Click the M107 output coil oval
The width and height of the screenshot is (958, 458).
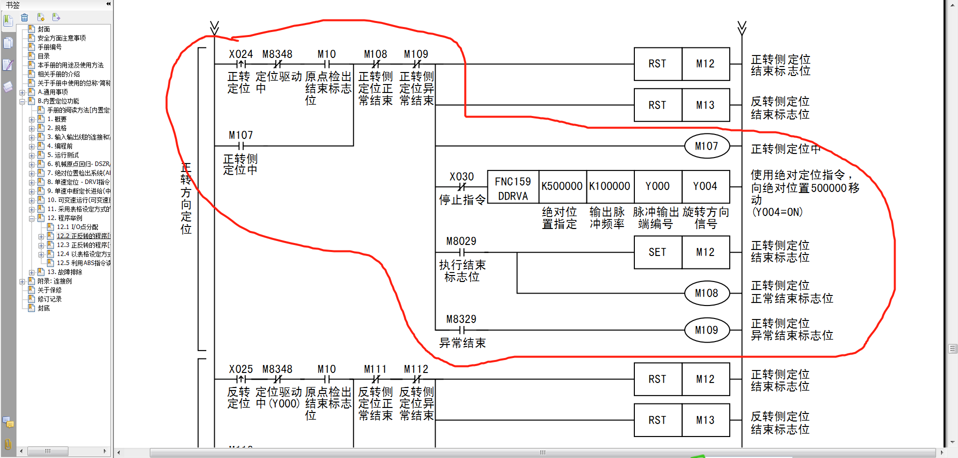click(x=706, y=146)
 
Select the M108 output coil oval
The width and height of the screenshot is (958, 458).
click(x=706, y=293)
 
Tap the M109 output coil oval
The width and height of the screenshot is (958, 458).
click(x=706, y=330)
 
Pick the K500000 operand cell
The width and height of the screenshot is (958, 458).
click(x=562, y=186)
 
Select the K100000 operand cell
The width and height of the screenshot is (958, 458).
click(x=609, y=186)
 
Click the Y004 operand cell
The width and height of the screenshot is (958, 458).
click(x=705, y=186)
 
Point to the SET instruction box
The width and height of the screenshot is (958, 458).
click(x=657, y=252)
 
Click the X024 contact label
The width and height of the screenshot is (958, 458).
click(x=241, y=54)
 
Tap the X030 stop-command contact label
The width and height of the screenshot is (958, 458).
click(x=462, y=176)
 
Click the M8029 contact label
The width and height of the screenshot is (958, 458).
click(x=461, y=241)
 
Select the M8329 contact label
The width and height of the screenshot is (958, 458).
click(x=461, y=319)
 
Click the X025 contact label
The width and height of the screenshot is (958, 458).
click(x=241, y=369)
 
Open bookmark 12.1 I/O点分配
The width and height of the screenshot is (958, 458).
click(x=77, y=227)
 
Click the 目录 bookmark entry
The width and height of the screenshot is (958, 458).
click(x=43, y=56)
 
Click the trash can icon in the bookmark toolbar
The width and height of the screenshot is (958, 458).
click(x=24, y=18)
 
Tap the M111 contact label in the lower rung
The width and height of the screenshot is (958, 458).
click(x=375, y=369)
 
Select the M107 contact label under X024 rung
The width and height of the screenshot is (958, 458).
click(x=241, y=135)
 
